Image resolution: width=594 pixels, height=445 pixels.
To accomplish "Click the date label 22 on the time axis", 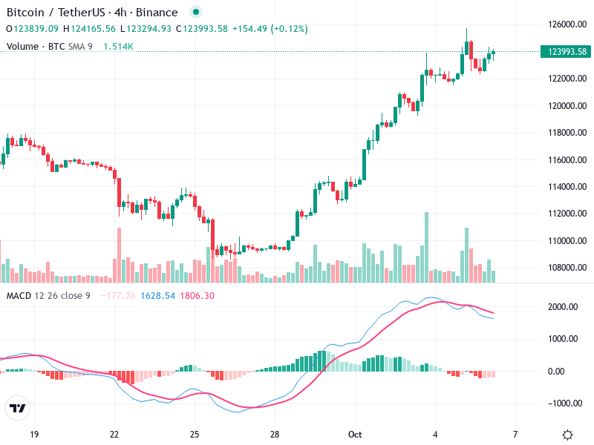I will [114, 434].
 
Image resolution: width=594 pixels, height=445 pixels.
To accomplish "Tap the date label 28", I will [274, 434].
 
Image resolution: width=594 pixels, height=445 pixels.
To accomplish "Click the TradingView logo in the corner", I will [18, 408].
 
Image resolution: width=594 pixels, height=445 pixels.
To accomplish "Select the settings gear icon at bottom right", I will [567, 435].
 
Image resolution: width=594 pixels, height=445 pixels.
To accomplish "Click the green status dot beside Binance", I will [195, 13].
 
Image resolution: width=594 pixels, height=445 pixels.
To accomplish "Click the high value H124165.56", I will [90, 29].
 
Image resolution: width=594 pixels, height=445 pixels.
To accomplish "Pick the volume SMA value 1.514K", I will [118, 46].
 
